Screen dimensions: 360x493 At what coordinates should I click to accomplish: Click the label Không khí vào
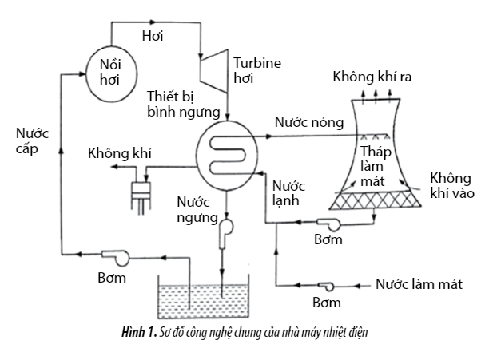point(450,185)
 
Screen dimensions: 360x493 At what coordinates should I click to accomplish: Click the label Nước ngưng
point(197,209)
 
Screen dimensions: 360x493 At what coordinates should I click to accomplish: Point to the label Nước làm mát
point(419,284)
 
